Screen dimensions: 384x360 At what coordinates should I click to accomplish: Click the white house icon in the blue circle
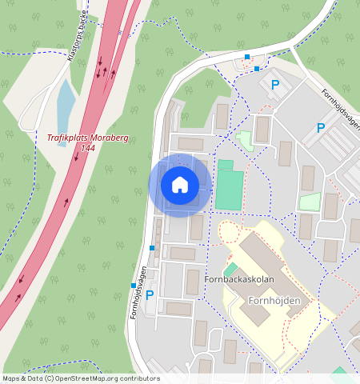coord(180,185)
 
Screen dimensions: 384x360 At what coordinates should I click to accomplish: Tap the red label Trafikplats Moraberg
coord(87,138)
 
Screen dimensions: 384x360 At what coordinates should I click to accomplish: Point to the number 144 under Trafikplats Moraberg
coord(88,149)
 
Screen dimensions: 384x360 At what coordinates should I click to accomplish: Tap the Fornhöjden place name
coord(274,301)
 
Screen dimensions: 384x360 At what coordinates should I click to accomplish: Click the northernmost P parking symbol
coord(275,84)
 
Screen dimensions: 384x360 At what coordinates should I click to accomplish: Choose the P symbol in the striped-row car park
coord(321,127)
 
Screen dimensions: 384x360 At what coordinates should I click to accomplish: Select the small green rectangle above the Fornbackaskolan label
coord(230,270)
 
